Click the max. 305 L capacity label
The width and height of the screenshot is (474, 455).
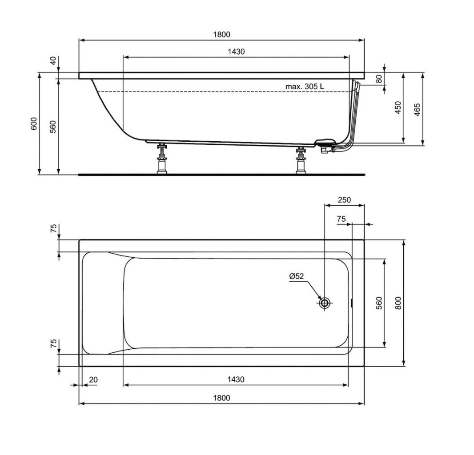click(305, 86)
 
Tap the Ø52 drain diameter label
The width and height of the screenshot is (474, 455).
click(296, 276)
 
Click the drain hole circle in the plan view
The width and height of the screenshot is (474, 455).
click(325, 303)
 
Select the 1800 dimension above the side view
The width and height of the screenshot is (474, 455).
click(221, 35)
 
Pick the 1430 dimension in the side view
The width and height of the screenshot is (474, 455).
click(236, 52)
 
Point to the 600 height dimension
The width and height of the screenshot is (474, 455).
click(34, 124)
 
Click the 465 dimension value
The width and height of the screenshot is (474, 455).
click(417, 110)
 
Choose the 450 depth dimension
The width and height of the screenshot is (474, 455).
click(398, 108)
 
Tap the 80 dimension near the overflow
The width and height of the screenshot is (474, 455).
click(379, 79)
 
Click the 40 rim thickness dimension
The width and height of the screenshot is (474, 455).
click(53, 61)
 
